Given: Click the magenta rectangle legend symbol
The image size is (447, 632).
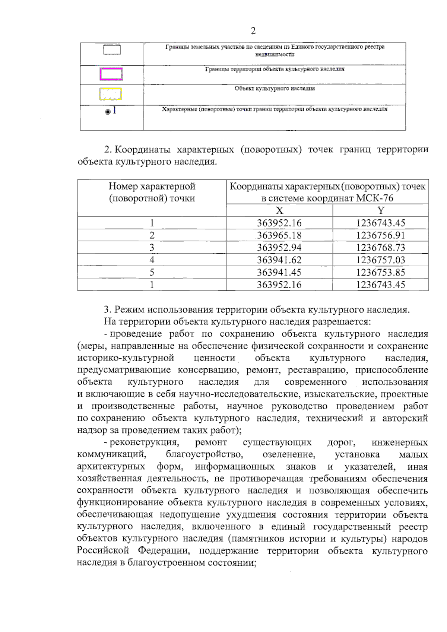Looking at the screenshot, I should (x=111, y=74).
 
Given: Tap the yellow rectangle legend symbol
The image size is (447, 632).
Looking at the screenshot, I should (x=111, y=94).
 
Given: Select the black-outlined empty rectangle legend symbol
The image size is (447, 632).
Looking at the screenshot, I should (x=112, y=50).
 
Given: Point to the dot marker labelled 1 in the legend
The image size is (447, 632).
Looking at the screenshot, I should (x=108, y=112).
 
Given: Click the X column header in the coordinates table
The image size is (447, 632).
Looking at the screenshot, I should (x=279, y=210).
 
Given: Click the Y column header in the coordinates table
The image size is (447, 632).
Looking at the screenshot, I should (x=380, y=210).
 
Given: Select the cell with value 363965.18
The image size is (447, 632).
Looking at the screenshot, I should (x=279, y=235).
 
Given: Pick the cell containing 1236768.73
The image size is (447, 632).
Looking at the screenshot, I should (x=380, y=248).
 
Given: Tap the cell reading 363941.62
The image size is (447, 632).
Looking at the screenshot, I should (x=279, y=260).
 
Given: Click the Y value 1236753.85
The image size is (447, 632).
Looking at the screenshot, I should (x=380, y=272).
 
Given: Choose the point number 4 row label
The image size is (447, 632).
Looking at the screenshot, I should (x=152, y=260).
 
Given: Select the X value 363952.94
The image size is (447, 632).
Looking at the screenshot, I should (x=279, y=248).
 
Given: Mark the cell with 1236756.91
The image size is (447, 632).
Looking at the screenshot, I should (x=380, y=235).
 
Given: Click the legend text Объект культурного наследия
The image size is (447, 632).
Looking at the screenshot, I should (x=275, y=89).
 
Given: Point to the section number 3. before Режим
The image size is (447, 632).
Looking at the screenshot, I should (x=108, y=310).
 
